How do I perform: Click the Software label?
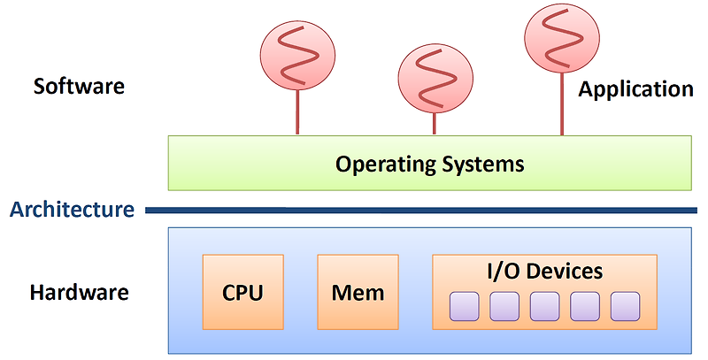tap(79, 87)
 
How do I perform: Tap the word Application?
tap(635, 89)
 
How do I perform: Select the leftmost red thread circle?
tap(296, 50)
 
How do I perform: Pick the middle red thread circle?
tap(434, 79)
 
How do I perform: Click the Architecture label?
tap(71, 210)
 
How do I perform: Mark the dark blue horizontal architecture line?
tap(420, 211)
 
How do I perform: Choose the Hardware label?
tap(80, 292)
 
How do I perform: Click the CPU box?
tap(242, 292)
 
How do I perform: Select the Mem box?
tap(358, 292)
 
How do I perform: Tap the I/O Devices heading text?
tap(544, 271)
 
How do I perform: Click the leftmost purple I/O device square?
tap(465, 306)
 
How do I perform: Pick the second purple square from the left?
tap(504, 306)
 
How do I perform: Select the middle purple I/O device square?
tap(544, 306)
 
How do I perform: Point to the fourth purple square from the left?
tap(585, 306)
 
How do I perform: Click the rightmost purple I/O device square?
tap(625, 306)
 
